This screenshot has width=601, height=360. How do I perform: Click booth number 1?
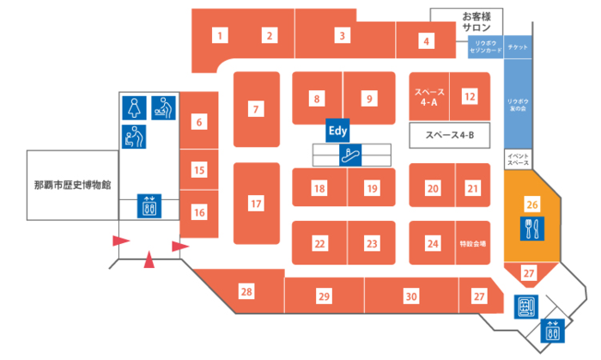[221, 35]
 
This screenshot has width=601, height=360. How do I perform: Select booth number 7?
[255, 109]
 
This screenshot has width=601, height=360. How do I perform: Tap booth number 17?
[255, 204]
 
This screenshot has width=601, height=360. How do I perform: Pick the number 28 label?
[246, 292]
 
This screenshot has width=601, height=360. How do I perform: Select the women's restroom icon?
[134, 107]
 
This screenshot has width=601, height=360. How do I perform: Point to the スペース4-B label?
[444, 135]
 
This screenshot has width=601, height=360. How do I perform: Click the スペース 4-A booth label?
[428, 97]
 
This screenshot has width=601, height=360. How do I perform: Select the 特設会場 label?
[472, 243]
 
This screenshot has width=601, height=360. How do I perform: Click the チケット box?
[517, 47]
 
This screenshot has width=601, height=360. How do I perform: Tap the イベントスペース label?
[517, 158]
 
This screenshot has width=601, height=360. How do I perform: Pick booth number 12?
[469, 97]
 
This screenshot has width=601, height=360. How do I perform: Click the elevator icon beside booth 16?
[149, 206]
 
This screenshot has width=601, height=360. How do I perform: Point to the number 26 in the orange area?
[532, 204]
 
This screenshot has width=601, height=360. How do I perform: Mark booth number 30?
[411, 296]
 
